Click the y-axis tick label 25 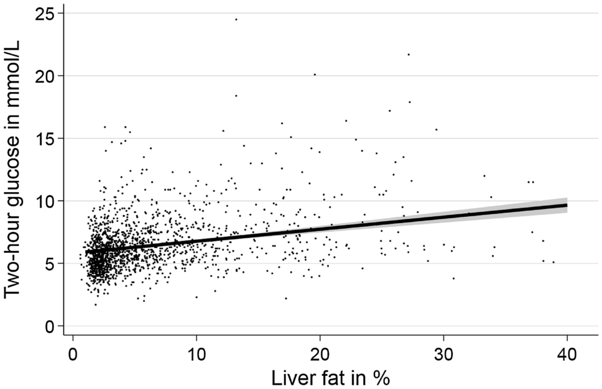45,13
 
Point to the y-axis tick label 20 45,76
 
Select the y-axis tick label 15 45,138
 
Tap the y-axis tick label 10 45,201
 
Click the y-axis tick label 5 50,263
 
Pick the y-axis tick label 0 50,326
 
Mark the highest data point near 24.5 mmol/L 236,19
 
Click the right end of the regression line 566,205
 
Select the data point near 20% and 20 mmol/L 315,74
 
